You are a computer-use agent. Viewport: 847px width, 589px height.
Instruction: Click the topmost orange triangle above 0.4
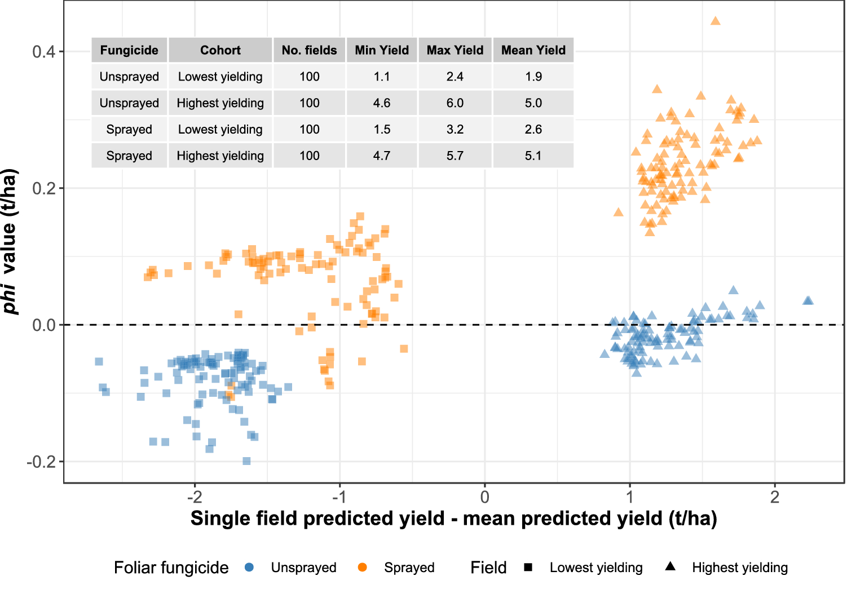[715, 21]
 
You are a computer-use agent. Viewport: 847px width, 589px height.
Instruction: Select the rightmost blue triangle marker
[808, 300]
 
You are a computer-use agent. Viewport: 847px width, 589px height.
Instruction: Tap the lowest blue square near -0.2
[246, 461]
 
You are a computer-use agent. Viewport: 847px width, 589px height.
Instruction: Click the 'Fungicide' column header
[129, 50]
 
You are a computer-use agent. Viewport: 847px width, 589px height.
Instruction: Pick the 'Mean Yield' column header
[533, 50]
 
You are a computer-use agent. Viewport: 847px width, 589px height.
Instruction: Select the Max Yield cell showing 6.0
[455, 103]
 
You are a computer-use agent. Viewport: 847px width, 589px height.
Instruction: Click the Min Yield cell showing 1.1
[382, 77]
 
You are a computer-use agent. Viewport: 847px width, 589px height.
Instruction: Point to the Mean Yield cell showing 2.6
[533, 130]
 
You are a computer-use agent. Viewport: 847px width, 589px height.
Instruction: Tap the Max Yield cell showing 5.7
[455, 156]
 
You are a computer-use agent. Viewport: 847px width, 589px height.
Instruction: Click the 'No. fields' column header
[309, 50]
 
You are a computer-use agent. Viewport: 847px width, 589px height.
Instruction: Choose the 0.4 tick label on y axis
[43, 52]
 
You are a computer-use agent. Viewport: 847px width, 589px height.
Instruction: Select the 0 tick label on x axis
[484, 497]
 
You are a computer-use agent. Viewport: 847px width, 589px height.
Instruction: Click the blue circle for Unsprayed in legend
[249, 567]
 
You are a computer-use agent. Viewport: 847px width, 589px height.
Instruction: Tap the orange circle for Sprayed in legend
[362, 567]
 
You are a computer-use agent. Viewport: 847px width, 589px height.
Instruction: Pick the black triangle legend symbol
[670, 566]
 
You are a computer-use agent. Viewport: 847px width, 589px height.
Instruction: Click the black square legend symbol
[528, 567]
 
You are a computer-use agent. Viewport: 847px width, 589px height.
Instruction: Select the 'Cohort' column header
[220, 50]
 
